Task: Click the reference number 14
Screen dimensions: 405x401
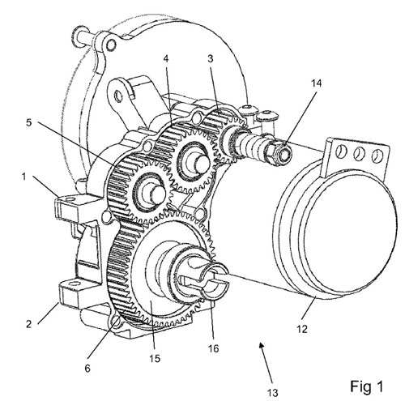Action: (317, 83)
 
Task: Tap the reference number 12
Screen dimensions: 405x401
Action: (302, 329)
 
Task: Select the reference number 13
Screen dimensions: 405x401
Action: (272, 392)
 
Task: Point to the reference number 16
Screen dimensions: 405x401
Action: (213, 348)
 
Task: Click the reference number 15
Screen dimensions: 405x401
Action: (155, 358)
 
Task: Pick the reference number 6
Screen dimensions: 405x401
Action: (87, 369)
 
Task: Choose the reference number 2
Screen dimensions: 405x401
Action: (29, 324)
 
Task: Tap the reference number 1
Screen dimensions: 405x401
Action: (24, 177)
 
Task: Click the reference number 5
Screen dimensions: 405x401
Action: (28, 122)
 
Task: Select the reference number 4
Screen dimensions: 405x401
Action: (166, 58)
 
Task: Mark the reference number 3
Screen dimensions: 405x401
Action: (211, 58)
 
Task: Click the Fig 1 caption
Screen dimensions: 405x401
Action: (367, 386)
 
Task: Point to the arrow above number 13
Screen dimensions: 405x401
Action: (266, 363)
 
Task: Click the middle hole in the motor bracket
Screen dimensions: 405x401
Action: (358, 154)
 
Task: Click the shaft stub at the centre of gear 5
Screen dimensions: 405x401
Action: (156, 193)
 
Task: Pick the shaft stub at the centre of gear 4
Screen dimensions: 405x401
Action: (201, 164)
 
